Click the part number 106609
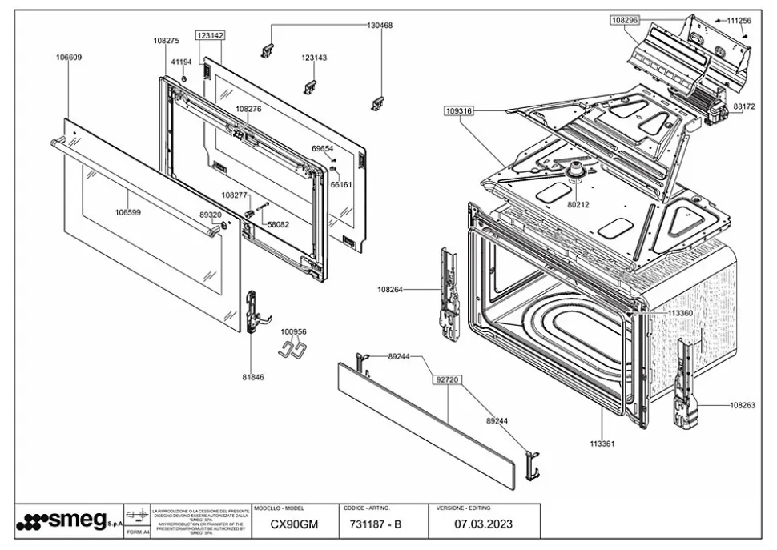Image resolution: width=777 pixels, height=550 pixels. point(69,57)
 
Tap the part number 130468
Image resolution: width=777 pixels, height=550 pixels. point(380,26)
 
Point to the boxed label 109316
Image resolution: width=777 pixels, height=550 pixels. point(459,111)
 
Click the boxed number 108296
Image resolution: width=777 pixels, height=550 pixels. point(625,20)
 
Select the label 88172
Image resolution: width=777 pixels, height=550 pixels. point(744,106)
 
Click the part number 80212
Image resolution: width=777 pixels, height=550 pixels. point(578,205)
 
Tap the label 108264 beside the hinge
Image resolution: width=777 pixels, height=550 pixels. point(393,289)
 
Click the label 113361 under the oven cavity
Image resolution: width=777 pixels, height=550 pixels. point(602,442)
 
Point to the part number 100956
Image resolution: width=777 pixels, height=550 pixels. point(293,331)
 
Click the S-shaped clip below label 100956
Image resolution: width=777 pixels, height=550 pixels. point(293,348)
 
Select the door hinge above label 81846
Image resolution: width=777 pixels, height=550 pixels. point(253,311)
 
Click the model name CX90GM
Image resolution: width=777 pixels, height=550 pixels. point(294,525)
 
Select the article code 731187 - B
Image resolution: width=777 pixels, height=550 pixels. point(376,525)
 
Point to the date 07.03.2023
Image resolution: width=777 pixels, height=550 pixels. point(484,525)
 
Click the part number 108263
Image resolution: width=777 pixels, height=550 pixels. point(743,405)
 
